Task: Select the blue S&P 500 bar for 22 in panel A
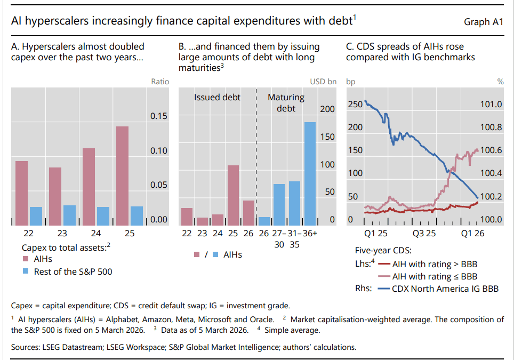click(x=36, y=215)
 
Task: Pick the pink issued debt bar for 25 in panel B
click(x=233, y=195)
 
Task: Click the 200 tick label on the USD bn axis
click(x=327, y=109)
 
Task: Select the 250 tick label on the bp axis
click(x=355, y=103)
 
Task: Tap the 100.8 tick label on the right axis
click(x=491, y=127)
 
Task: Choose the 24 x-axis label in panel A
click(x=96, y=233)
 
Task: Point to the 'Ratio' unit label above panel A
click(x=160, y=82)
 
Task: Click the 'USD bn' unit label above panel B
click(x=323, y=82)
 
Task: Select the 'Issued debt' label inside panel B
click(x=217, y=97)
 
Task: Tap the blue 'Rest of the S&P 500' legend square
click(x=25, y=271)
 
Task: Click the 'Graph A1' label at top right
click(x=484, y=22)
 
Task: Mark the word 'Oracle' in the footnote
click(x=261, y=319)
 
